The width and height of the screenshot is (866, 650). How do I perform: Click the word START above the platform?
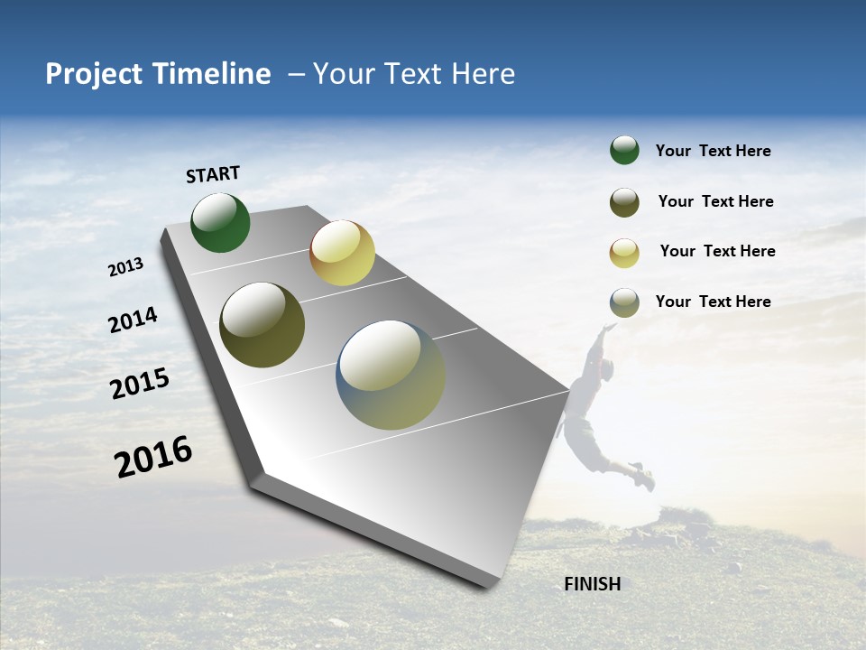(213, 174)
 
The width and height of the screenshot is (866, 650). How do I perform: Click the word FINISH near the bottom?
(592, 584)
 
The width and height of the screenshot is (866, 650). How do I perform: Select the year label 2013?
(125, 267)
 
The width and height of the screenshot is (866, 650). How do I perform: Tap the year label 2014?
(133, 320)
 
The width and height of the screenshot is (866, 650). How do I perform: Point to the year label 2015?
(139, 384)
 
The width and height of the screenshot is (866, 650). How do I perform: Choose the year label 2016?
(153, 457)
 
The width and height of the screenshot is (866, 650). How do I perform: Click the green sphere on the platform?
(220, 222)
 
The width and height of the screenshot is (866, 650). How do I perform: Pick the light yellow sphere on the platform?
(342, 253)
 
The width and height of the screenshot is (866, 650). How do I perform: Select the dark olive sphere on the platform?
(262, 325)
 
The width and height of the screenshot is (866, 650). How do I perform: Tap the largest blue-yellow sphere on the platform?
(391, 375)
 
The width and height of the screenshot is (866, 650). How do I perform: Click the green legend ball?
(624, 150)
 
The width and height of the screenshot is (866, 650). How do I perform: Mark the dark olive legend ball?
(624, 202)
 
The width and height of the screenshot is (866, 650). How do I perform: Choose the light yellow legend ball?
(624, 253)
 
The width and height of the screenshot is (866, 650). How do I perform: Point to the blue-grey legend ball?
(624, 302)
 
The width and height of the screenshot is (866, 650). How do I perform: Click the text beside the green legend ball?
(713, 151)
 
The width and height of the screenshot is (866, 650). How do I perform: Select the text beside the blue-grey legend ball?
(713, 302)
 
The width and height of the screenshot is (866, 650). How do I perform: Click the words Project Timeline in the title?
(158, 74)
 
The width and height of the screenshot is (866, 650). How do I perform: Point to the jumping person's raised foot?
(643, 477)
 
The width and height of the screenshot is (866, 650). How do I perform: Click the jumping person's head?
(607, 368)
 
